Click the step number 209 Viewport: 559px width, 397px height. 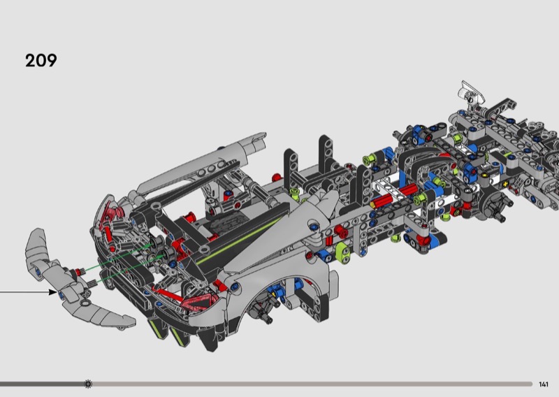(41, 60)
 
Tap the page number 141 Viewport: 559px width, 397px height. (544, 384)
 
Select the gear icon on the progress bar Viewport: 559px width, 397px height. (88, 384)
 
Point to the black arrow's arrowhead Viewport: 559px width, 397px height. (53, 292)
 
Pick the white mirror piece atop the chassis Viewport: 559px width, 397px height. (471, 91)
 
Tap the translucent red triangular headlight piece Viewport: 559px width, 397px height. (200, 302)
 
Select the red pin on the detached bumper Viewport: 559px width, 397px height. (76, 273)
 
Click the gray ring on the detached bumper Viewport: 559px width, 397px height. (85, 303)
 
